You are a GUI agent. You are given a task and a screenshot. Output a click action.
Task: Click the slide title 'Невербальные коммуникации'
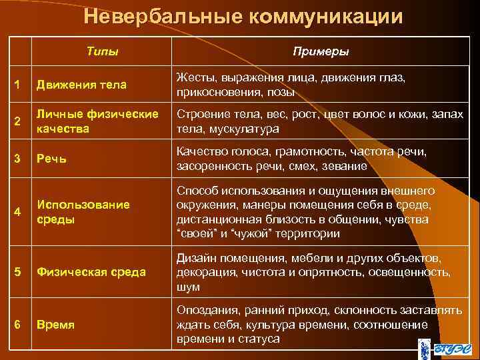[244, 16]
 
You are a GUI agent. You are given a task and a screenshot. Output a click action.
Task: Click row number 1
[18, 85]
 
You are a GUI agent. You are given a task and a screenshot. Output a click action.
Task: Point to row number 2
[18, 121]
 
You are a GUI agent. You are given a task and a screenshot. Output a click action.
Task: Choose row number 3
[18, 159]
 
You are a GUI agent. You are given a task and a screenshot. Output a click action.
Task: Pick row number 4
[18, 211]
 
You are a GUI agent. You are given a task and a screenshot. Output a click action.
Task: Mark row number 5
[18, 271]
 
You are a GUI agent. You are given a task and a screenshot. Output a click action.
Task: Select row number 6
[18, 324]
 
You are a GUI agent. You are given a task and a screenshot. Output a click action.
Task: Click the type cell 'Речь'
[51, 159]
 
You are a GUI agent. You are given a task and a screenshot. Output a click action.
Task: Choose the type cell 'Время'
[55, 325]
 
